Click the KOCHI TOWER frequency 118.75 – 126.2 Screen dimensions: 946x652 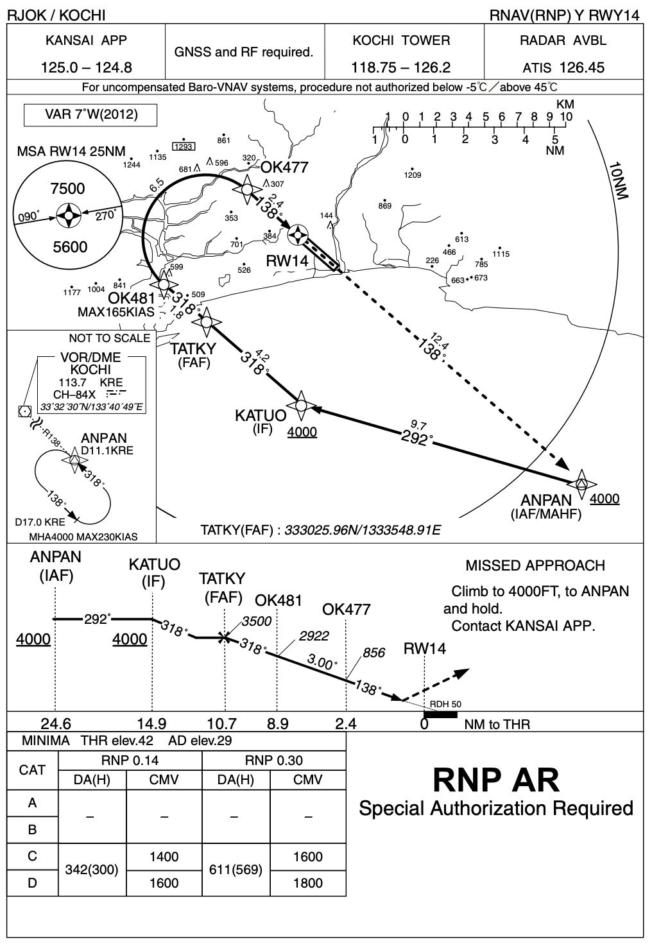(401, 67)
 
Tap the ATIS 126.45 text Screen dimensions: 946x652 (563, 67)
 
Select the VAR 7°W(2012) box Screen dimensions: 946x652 (91, 115)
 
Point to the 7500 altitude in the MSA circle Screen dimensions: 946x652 (67, 189)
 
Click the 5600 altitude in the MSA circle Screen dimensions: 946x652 (70, 247)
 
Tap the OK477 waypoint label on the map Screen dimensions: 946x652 (284, 168)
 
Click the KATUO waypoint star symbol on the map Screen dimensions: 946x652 (300, 405)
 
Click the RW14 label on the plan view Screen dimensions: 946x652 (287, 261)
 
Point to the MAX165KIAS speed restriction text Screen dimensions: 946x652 (116, 313)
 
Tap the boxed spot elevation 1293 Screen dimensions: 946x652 (184, 146)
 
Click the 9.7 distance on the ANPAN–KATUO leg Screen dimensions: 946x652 (418, 424)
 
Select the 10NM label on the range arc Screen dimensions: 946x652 (620, 180)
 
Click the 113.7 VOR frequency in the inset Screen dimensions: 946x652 (72, 383)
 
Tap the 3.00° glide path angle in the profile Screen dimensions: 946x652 (322, 661)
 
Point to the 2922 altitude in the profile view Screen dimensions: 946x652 (314, 635)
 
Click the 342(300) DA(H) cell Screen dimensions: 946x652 (92, 870)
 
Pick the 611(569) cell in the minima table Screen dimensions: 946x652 (236, 870)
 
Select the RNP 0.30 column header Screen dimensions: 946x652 (274, 761)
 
